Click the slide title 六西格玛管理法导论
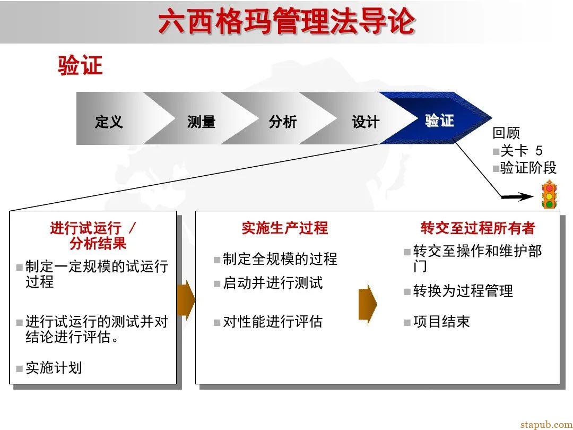click(286, 22)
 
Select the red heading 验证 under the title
click(80, 66)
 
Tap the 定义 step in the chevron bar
click(109, 122)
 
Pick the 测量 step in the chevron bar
click(201, 122)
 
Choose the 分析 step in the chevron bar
click(282, 122)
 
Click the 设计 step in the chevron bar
click(366, 122)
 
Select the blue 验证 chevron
click(439, 121)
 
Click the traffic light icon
click(549, 195)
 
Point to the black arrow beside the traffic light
click(517, 197)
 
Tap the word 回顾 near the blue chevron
click(506, 133)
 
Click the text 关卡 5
click(521, 151)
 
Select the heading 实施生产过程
click(285, 228)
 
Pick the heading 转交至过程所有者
click(478, 228)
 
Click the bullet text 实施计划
click(54, 367)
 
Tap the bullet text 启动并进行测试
click(272, 283)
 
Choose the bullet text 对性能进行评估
click(272, 322)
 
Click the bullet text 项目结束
click(441, 322)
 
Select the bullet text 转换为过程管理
click(463, 291)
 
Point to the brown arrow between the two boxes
click(186, 300)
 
